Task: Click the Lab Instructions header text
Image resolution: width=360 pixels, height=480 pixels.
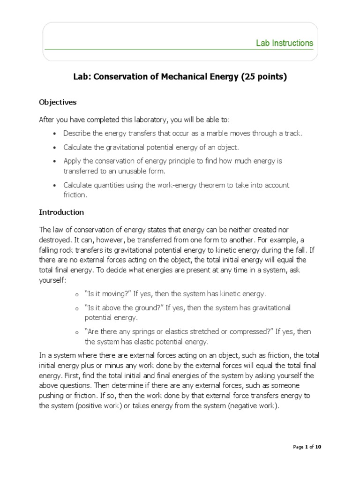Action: click(x=284, y=43)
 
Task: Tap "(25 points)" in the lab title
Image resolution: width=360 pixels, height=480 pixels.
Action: click(x=263, y=77)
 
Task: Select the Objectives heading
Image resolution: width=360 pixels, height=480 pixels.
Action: click(x=58, y=102)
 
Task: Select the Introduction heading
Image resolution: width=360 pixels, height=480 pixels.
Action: click(x=61, y=212)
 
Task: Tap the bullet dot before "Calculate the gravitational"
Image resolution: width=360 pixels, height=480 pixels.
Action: click(x=55, y=148)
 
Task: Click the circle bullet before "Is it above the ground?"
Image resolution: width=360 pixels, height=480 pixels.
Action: click(x=76, y=308)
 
